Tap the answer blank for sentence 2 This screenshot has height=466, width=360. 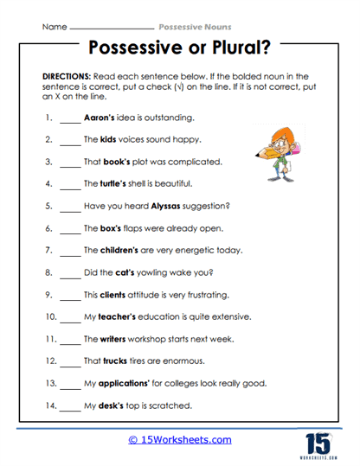pos(69,140)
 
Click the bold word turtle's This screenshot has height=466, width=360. pos(121,183)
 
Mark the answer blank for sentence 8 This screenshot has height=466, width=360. pos(69,274)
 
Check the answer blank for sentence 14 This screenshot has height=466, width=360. pos(69,408)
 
